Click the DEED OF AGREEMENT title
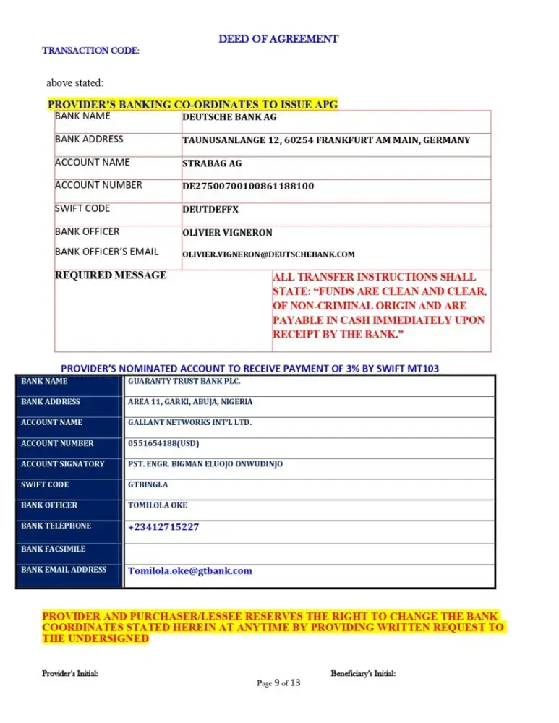278,39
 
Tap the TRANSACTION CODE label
90,51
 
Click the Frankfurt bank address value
325,140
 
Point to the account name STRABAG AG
212,163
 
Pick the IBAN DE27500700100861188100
248,186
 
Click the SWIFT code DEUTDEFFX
210,210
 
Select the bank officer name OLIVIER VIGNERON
227,233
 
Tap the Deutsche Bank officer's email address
268,254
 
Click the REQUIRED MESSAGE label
111,275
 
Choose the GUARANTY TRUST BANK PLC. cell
184,381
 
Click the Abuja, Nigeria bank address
190,402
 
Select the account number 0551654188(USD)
163,443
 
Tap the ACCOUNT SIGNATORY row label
63,464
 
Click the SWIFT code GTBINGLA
148,484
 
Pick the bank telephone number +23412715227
163,527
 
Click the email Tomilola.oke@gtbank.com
190,570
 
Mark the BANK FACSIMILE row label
53,549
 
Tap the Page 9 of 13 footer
278,683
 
